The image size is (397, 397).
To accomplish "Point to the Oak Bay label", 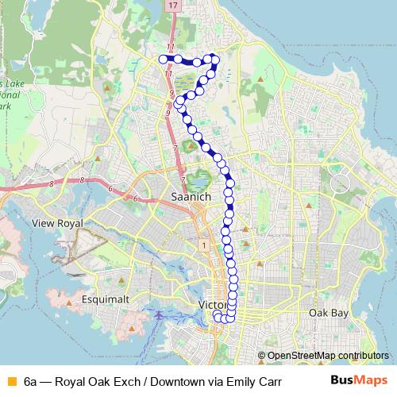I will pos(328,313).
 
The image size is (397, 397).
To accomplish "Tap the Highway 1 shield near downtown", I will pos(204,245).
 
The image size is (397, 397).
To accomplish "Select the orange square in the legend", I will pos(10,381).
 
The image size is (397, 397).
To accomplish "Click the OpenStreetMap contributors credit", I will pos(327,355).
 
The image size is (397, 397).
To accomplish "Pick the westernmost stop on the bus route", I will pos(164,59).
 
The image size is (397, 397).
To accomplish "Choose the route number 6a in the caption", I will pos(30,381).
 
